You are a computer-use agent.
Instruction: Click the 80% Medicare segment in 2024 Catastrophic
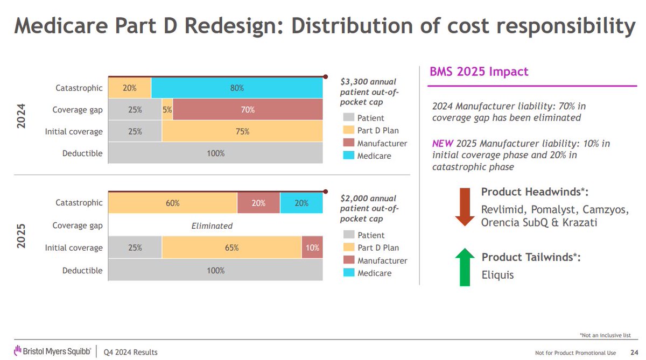click(237, 88)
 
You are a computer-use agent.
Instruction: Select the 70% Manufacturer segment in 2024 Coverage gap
click(248, 109)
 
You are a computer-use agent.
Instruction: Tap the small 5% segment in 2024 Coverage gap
click(167, 109)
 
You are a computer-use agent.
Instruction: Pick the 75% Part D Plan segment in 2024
click(242, 131)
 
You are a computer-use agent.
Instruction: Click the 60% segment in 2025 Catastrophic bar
click(173, 203)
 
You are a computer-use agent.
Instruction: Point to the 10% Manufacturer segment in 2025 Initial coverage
click(312, 248)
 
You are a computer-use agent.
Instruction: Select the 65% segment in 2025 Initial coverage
click(231, 248)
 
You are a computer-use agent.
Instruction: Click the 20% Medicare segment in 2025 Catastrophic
click(301, 203)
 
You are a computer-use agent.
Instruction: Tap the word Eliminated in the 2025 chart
click(212, 226)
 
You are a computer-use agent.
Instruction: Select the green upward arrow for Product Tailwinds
click(464, 267)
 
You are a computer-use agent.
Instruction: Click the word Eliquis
click(498, 275)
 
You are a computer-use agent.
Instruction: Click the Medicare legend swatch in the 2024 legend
click(347, 156)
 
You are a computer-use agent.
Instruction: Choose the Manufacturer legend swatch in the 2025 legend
click(347, 260)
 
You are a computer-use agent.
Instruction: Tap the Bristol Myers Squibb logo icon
click(17, 351)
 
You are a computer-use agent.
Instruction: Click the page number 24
click(627, 352)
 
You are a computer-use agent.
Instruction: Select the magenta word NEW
click(443, 144)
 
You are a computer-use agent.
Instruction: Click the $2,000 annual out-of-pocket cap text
click(369, 208)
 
